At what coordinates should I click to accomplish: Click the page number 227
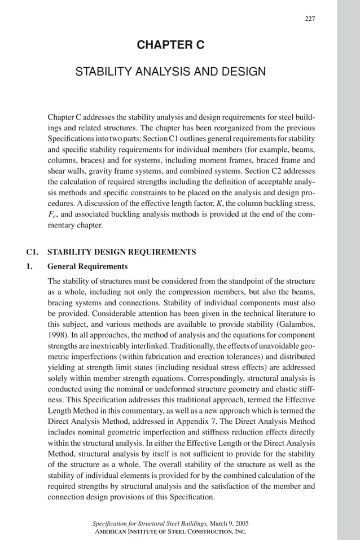pos(310,19)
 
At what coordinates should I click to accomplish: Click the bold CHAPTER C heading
pos(170,45)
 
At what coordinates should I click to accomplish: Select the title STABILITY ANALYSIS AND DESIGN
pos(170,72)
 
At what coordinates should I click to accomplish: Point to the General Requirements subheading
pos(87,266)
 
